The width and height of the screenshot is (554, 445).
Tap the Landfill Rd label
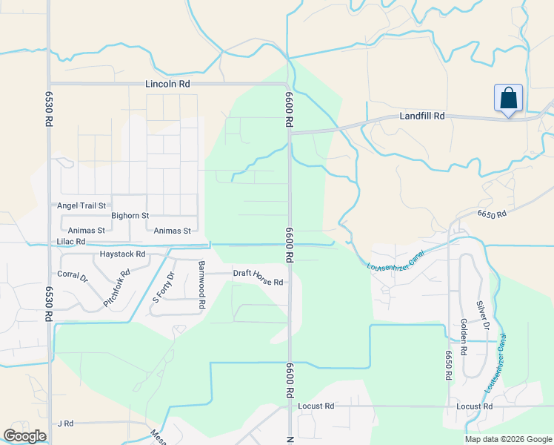pyautogui.click(x=422, y=116)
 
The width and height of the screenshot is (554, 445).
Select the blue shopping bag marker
pyautogui.click(x=508, y=99)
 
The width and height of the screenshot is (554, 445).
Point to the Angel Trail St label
pyautogui.click(x=81, y=205)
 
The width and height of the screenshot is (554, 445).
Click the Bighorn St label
pyautogui.click(x=130, y=216)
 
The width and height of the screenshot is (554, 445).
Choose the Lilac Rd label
pyautogui.click(x=70, y=242)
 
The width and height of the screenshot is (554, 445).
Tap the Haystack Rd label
pyautogui.click(x=122, y=254)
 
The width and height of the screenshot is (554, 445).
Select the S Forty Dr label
pyautogui.click(x=163, y=287)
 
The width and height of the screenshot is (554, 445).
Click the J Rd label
pyautogui.click(x=66, y=423)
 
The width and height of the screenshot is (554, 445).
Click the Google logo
pyautogui.click(x=24, y=436)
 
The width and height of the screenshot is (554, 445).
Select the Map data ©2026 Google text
pyautogui.click(x=507, y=439)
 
